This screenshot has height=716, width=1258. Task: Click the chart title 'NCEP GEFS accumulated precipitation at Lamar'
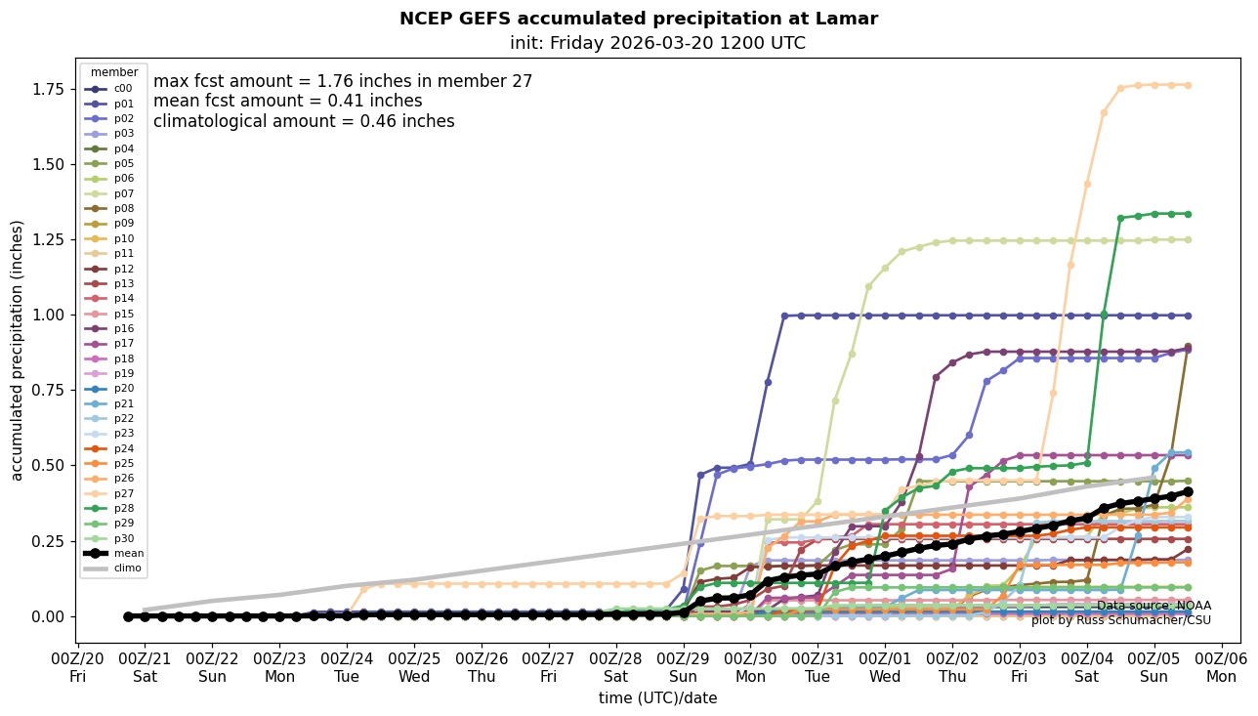tap(638, 19)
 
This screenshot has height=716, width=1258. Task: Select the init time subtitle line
tap(657, 43)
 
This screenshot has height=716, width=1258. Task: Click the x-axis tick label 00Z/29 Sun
tap(683, 668)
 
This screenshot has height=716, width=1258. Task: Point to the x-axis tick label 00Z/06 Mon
tap(1222, 668)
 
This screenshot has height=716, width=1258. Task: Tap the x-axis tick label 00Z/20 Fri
tap(77, 668)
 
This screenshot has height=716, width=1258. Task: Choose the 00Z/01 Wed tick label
tap(885, 668)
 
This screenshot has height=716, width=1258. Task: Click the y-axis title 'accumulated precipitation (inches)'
tap(17, 350)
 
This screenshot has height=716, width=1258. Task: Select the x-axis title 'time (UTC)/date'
tap(657, 698)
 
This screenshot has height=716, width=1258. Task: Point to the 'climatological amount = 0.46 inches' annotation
tap(304, 122)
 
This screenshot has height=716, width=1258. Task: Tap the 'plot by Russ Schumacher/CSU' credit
tap(1120, 620)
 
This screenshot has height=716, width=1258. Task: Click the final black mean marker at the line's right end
tap(1188, 492)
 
